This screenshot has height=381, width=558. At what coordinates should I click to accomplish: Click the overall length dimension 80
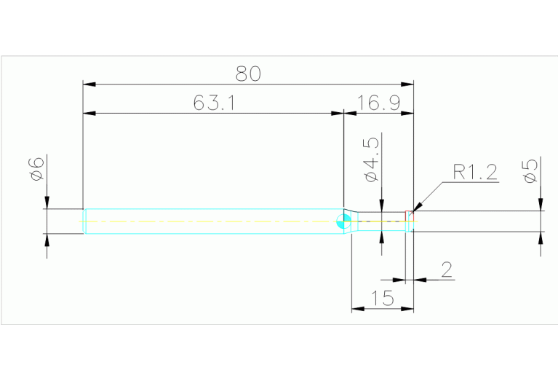click(248, 74)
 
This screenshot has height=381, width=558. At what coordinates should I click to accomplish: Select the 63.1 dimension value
click(213, 103)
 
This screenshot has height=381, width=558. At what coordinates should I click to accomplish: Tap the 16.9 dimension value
click(378, 103)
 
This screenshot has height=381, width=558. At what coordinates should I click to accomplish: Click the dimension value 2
click(447, 270)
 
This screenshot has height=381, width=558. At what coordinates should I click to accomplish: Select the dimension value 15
click(381, 298)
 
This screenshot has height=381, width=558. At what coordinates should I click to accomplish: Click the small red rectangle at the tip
click(409, 216)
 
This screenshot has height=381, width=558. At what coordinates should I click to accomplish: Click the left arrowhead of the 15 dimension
click(356, 310)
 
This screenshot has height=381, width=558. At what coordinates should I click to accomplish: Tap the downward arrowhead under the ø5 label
click(541, 205)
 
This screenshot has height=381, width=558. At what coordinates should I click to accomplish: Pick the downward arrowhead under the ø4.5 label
click(381, 206)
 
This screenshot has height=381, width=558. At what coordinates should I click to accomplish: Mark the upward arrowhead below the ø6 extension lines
click(47, 240)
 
